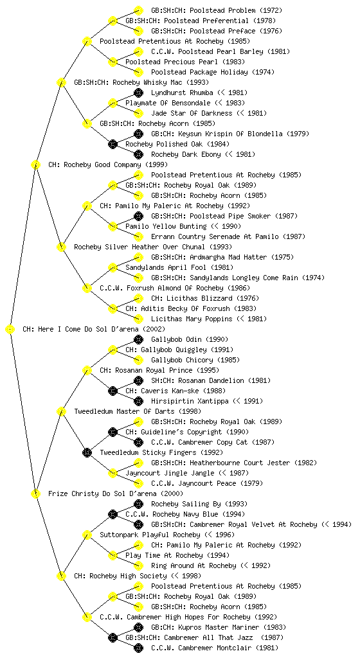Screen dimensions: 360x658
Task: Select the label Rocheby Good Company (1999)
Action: pyautogui.click(x=108, y=165)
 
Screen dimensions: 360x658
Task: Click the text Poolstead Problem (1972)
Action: pyautogui.click(x=217, y=10)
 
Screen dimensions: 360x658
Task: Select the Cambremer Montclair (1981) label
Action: pyautogui.click(x=215, y=648)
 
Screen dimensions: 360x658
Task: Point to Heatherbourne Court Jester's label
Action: pyautogui.click(x=234, y=463)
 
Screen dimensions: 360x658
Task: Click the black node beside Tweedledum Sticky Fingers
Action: pyautogui.click(x=87, y=452)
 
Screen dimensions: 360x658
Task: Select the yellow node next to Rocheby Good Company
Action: pyautogui.click(x=35, y=165)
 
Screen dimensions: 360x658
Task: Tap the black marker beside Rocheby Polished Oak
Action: pyautogui.click(x=113, y=145)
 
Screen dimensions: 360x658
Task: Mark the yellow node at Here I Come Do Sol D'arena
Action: pyautogui.click(x=10, y=330)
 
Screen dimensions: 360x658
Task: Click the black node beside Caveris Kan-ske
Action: pyautogui.click(x=113, y=391)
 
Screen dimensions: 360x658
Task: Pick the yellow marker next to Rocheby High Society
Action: pyautogui.click(x=61, y=576)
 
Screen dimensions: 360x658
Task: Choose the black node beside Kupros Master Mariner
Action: pyautogui.click(x=138, y=627)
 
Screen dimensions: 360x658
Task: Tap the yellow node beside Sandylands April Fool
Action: pyautogui.click(x=113, y=268)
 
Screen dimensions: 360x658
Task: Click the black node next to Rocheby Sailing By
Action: pyautogui.click(x=138, y=504)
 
